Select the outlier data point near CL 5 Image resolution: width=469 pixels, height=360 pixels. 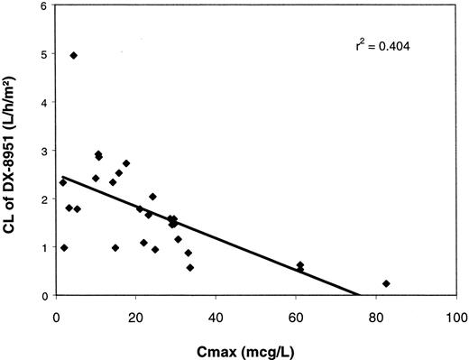point(74,56)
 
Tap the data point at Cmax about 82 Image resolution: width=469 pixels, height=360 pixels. point(386,283)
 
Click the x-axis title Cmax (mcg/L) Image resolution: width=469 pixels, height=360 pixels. point(257,347)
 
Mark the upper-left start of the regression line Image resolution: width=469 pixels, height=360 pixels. point(60,177)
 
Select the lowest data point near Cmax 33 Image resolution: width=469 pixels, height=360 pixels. point(190,267)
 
